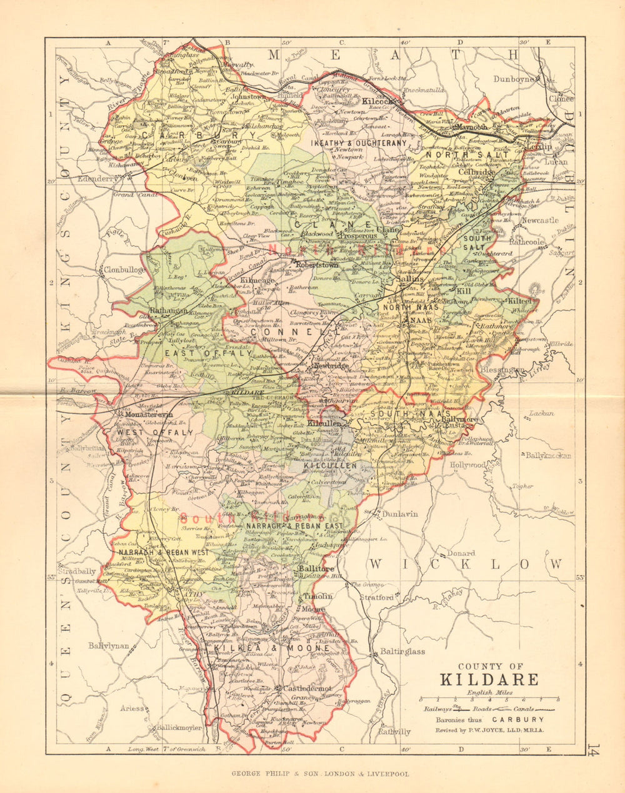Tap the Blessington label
[x=502, y=370]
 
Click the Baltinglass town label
[x=402, y=651]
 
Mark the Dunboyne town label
[x=515, y=79]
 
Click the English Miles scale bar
[x=489, y=699]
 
